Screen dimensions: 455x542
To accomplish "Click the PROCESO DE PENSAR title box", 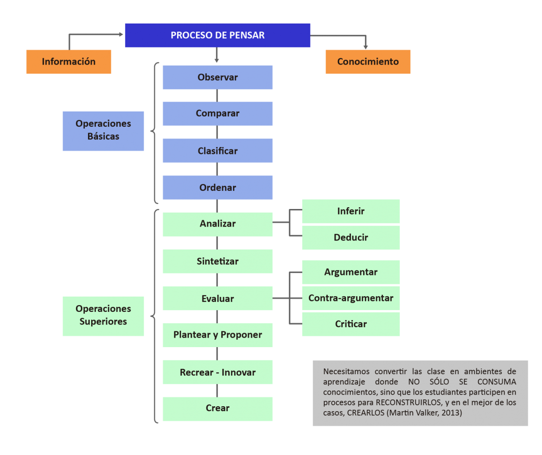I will coord(217,35).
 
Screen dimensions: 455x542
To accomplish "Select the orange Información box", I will coord(69,62).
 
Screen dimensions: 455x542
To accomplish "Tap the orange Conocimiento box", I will coord(368,62).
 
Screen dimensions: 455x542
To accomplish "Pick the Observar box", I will coord(217,77).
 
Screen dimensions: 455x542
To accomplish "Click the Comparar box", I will coord(217,113).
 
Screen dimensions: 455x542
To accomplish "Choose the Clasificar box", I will coord(217,151).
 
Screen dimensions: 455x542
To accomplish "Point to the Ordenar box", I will coord(217,187).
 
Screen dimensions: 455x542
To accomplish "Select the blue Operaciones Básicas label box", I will coord(103,130).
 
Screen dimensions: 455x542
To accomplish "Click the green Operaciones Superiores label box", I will coord(103,316).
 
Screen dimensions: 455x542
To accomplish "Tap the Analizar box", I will coord(217,224).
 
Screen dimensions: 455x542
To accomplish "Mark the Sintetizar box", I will coord(217,261).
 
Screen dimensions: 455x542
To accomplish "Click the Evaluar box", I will coord(217,298).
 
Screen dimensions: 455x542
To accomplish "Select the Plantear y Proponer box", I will coord(217,335).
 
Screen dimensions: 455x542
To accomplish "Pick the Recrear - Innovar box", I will coord(217,372).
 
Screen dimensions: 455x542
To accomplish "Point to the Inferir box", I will coord(351,211).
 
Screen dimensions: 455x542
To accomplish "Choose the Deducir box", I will coord(351,237).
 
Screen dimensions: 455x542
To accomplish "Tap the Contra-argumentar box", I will coord(351,298).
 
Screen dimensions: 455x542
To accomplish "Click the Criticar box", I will coord(351,324).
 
